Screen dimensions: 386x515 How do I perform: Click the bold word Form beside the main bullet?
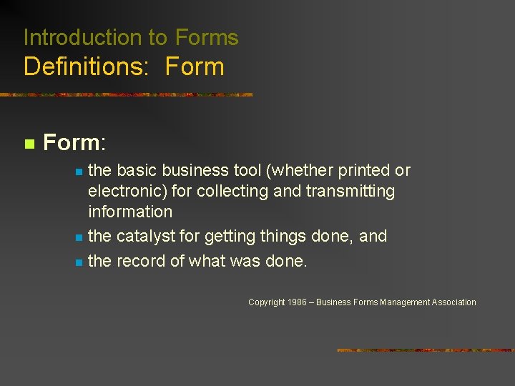(72, 142)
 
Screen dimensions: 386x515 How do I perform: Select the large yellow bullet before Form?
(29, 144)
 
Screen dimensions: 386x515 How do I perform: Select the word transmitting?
(350, 192)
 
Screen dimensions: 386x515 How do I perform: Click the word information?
(130, 212)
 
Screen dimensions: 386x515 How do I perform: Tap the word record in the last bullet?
(141, 262)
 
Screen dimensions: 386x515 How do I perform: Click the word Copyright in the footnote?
(267, 302)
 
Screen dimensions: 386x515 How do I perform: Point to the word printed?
(363, 171)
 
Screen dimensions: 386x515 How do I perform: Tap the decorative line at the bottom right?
(426, 350)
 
